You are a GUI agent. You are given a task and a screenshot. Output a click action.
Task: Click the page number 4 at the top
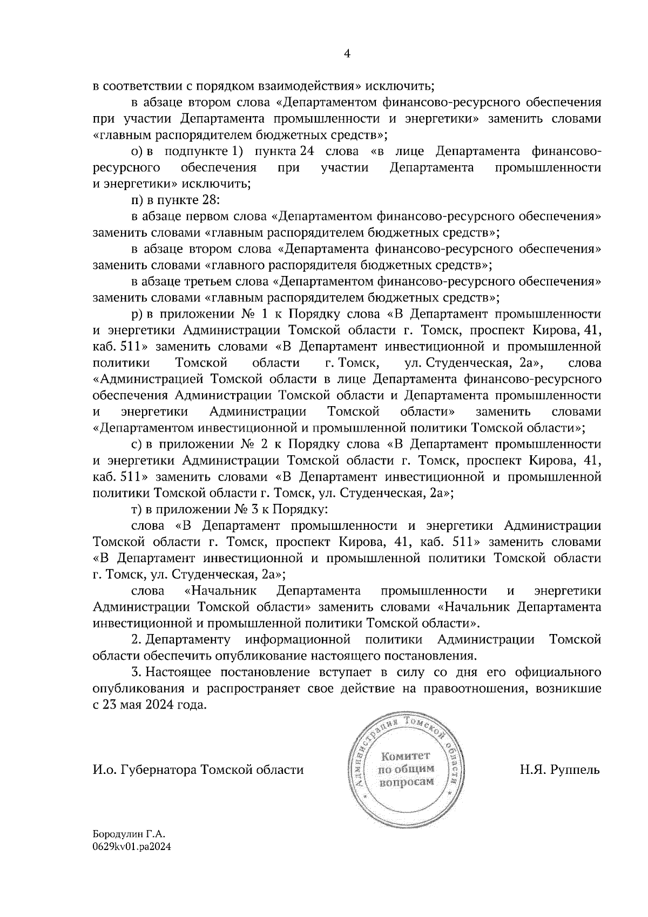[347, 53]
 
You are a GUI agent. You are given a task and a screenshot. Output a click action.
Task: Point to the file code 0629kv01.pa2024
[132, 848]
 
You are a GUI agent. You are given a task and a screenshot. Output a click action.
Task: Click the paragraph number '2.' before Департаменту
[137, 640]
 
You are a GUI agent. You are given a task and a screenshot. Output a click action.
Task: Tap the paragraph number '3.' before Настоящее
[137, 672]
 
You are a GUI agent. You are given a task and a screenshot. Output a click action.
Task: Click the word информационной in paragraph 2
[295, 640]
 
